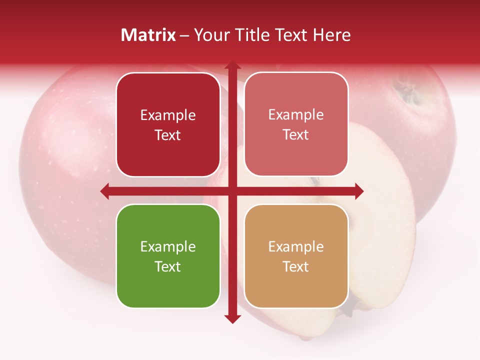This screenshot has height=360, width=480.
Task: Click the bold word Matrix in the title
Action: (x=148, y=35)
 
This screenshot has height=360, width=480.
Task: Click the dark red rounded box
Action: (x=168, y=125)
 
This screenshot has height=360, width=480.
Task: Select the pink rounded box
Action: (x=296, y=124)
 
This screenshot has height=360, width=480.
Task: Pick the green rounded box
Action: (x=168, y=256)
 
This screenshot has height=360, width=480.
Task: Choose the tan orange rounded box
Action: (x=296, y=256)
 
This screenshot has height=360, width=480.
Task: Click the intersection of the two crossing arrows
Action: (x=232, y=191)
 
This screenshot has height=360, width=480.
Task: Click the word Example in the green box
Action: (x=168, y=246)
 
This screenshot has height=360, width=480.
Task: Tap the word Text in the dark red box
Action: (x=168, y=135)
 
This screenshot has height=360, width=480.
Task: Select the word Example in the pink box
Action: (x=296, y=114)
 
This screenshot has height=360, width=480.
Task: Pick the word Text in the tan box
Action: (x=296, y=266)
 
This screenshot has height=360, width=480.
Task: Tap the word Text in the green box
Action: (x=168, y=266)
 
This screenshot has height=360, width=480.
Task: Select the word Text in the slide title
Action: (x=292, y=35)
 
